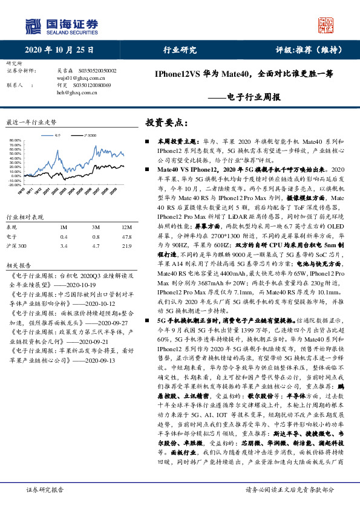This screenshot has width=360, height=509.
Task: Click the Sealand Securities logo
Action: pos(61,25)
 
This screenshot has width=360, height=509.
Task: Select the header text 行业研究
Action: pos(180,50)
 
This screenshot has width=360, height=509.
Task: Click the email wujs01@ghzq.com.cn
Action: pos(77,78)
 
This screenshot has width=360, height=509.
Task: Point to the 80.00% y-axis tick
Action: pos(16,141)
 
